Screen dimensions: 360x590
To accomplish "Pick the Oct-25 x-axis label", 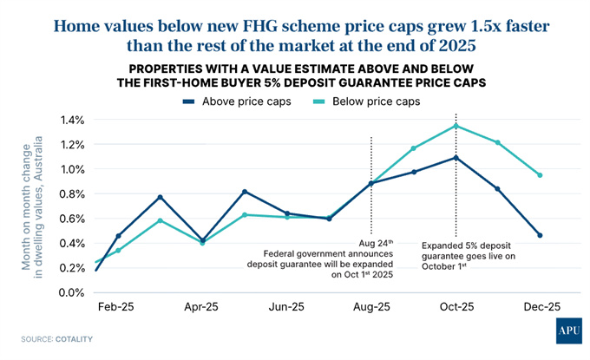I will [456, 308].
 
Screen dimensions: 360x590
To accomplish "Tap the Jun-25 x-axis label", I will [286, 308].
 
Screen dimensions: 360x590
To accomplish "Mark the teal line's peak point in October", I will [456, 126].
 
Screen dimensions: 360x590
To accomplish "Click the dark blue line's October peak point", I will [456, 157].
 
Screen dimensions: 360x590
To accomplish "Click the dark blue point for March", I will [161, 197].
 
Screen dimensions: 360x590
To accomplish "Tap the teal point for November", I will [498, 142].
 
